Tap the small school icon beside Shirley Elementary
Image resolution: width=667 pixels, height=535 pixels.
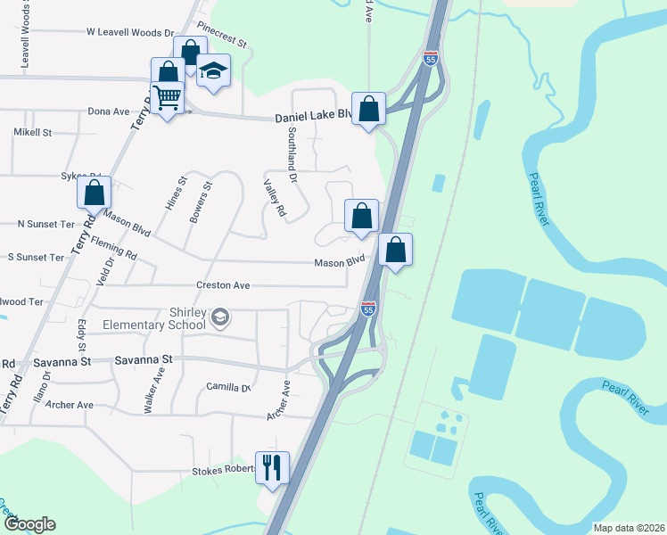point(219,317)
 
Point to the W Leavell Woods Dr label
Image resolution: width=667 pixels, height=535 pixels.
point(130,33)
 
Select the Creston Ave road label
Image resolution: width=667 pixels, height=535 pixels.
point(224,285)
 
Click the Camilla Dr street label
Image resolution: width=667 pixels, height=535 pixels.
point(227,388)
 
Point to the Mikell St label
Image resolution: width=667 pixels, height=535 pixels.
point(33,132)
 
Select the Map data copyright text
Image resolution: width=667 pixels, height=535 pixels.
point(628,528)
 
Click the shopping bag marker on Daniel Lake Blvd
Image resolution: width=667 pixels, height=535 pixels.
point(368,110)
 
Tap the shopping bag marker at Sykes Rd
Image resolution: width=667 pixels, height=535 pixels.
point(94,192)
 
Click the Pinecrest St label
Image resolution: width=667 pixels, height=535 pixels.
point(223,40)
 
